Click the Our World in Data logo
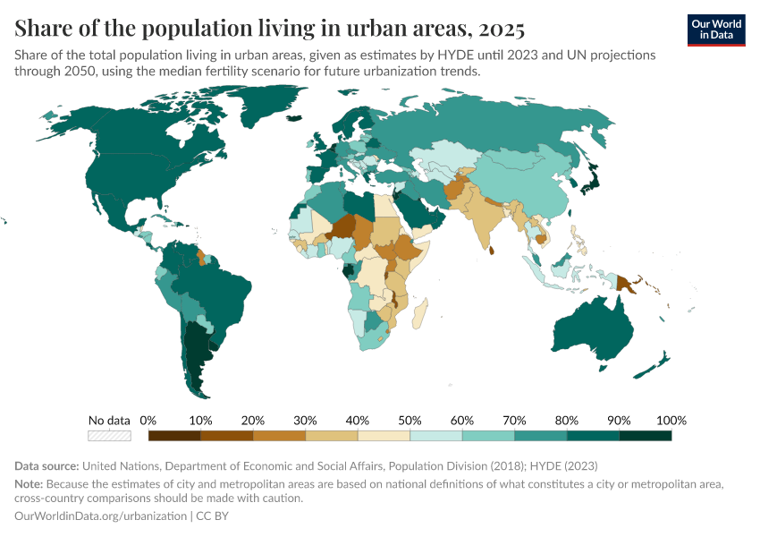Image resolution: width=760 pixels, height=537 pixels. click(715, 30)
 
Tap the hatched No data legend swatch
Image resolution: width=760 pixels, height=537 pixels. click(109, 436)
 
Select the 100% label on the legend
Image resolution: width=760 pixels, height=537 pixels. click(671, 420)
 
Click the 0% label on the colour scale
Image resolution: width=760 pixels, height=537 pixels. click(148, 420)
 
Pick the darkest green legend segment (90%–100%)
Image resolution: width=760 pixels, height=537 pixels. click(646, 436)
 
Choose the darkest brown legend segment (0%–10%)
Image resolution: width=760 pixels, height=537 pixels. click(174, 436)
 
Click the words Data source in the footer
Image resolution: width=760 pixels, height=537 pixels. click(46, 465)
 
